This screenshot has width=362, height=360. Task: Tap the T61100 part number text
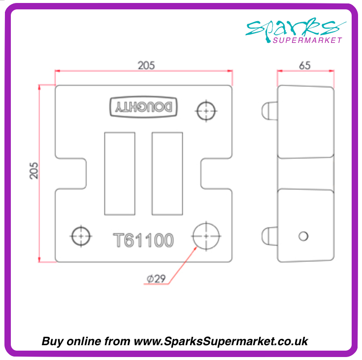tap(143, 241)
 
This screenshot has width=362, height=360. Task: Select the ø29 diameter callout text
tap(156, 279)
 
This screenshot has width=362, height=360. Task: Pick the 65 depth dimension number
tap(305, 66)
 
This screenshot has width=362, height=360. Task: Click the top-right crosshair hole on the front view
tap(205, 110)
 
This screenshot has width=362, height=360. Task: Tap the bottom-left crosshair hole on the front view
tap(80, 235)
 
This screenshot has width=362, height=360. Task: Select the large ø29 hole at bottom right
tap(206, 235)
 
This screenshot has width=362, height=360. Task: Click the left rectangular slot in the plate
tap(119, 174)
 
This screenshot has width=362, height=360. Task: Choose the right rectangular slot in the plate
tap(167, 174)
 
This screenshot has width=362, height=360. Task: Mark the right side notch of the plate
tap(216, 174)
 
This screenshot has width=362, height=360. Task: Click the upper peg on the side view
tap(269, 110)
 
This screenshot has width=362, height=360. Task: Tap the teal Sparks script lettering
tap(296, 28)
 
